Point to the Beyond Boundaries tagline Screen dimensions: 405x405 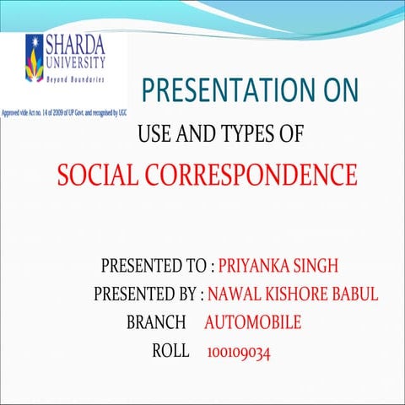click(76, 78)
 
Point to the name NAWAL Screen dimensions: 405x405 click(234, 294)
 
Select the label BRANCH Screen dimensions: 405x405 click(155, 322)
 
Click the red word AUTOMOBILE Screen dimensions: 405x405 click(252, 322)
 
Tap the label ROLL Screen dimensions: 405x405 click(170, 350)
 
